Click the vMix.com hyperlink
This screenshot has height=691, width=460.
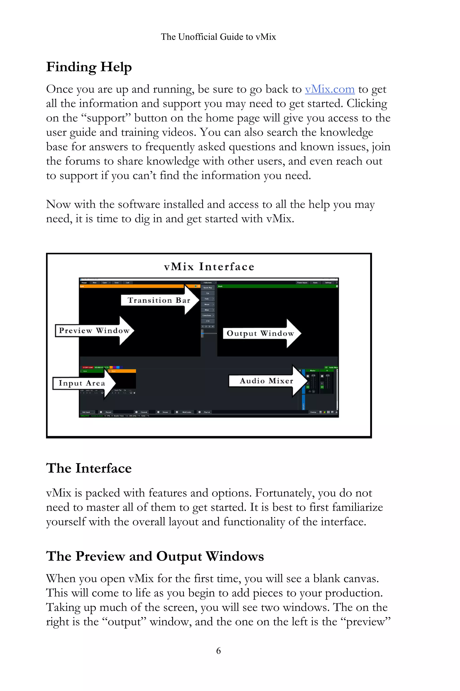tap(330, 89)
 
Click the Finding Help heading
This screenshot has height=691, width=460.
tap(89, 67)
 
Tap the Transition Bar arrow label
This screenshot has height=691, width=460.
tap(159, 300)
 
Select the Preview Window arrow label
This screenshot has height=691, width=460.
tap(94, 330)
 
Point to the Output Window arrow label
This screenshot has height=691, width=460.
tap(260, 333)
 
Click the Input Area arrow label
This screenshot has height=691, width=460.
tap(82, 383)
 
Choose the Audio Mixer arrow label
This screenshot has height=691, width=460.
tap(266, 381)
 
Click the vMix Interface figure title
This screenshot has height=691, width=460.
tap(209, 267)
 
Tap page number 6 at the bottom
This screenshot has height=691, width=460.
tap(218, 651)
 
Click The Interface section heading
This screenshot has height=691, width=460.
tap(89, 468)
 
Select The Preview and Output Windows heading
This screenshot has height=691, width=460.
tap(155, 556)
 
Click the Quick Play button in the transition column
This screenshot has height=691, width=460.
tap(208, 288)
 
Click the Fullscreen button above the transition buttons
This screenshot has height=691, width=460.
tap(208, 283)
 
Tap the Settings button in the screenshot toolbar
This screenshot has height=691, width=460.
tap(328, 283)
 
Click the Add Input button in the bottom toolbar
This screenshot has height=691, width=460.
tap(86, 412)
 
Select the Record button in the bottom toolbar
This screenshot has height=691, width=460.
tap(108, 412)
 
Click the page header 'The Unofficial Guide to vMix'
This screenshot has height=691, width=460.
tap(218, 37)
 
